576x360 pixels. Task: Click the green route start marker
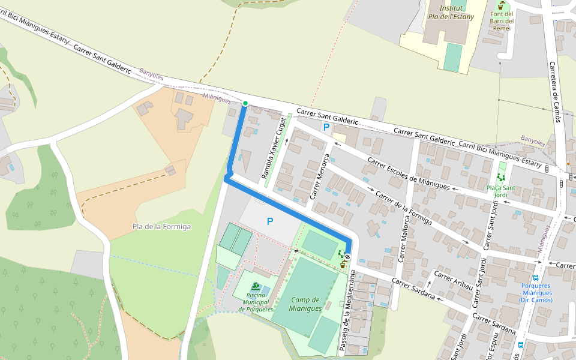(245, 103)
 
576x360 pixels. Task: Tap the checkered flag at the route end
(347, 256)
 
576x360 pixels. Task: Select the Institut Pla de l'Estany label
(451, 13)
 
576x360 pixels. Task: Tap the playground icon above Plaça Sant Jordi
(501, 178)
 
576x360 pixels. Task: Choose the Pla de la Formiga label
(161, 226)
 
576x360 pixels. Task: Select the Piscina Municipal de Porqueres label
(256, 301)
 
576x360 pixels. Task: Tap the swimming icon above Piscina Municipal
(256, 287)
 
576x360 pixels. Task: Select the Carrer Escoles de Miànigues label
(409, 174)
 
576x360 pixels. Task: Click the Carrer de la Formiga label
(403, 208)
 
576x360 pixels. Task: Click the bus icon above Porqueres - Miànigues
(537, 277)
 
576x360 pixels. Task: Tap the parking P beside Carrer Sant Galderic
(326, 127)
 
